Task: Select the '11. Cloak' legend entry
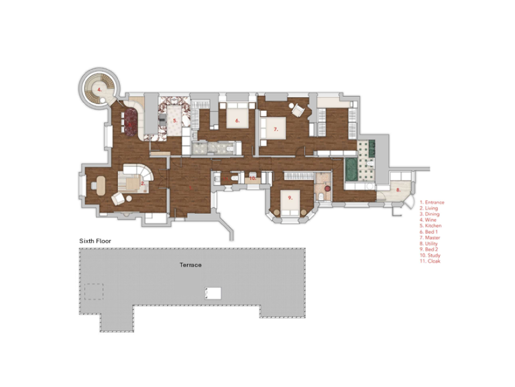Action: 431,261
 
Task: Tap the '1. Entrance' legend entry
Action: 433,202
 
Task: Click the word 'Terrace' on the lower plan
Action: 190,265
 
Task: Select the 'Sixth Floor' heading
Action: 95,240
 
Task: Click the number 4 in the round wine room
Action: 99,89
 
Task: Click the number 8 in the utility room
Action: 398,190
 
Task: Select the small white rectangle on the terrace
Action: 213,292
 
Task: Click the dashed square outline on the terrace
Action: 93,292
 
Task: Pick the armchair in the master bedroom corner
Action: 297,109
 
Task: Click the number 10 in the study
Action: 252,179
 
